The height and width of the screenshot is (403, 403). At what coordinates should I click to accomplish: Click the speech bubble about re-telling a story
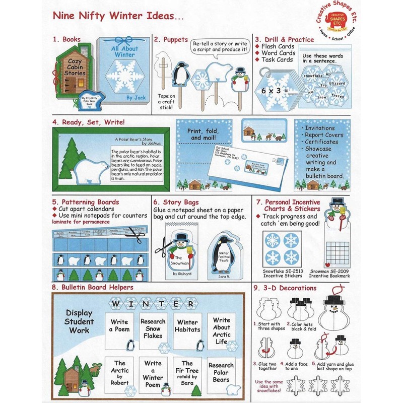[x=220, y=46]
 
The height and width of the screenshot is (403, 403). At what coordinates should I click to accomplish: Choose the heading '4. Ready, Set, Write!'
[x=88, y=121]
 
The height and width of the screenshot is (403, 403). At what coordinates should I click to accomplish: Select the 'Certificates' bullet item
[x=323, y=142]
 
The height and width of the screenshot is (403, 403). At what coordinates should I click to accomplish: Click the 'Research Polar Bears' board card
[x=221, y=372]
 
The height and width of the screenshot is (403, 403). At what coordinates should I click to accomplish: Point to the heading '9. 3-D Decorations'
[x=285, y=288]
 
